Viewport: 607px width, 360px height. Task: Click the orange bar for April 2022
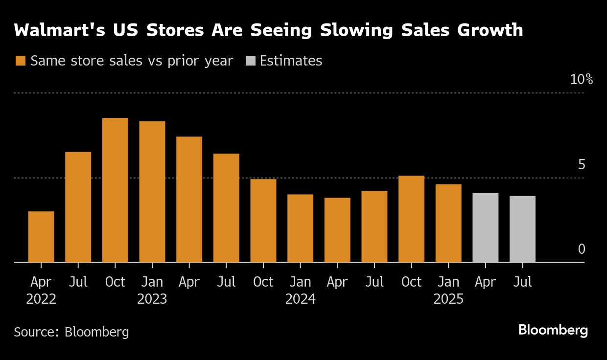pos(41,237)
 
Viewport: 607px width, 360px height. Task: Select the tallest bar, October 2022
pos(115,190)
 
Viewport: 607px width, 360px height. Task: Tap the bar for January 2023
pos(152,192)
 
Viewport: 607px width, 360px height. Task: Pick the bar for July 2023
pos(226,208)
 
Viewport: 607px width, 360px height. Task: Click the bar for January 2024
pos(300,228)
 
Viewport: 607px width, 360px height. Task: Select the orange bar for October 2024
pos(411,219)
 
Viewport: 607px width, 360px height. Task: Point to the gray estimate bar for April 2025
pos(485,228)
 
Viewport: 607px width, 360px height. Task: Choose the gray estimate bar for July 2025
pos(522,229)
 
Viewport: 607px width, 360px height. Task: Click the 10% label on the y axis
pos(581,80)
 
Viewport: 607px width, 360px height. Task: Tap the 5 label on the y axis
pos(582,165)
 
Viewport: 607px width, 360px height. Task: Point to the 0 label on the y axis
pos(582,249)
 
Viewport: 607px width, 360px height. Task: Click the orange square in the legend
pos(20,61)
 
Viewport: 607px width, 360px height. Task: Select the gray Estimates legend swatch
pos(250,61)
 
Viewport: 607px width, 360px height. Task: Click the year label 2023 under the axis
pos(152,299)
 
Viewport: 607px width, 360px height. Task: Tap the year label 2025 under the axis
pos(448,299)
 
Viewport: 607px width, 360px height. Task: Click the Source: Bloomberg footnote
pos(71,332)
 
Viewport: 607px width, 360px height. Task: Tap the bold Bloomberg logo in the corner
pos(553,330)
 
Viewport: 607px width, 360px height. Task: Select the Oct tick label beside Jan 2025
pos(411,282)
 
